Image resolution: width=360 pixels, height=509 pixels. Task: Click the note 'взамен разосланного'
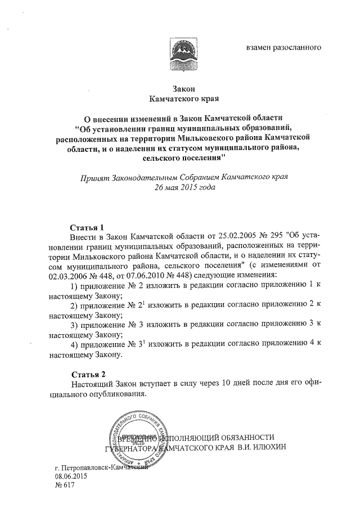[283, 47]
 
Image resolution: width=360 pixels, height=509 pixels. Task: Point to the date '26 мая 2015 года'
[181, 187]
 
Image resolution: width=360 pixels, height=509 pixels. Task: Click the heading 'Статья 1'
[87, 228]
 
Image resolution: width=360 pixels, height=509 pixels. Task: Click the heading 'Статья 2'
[89, 374]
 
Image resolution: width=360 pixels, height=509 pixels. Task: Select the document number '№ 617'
[62, 486]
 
